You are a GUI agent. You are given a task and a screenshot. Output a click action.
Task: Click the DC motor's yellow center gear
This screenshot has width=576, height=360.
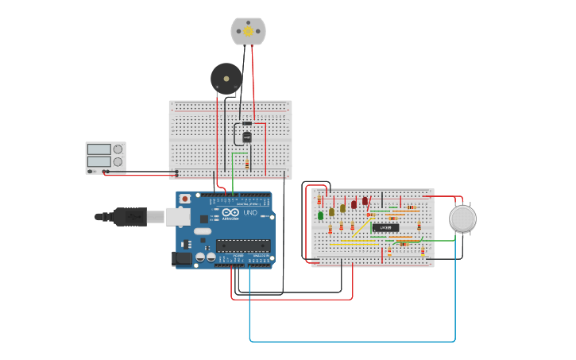[x=248, y=31]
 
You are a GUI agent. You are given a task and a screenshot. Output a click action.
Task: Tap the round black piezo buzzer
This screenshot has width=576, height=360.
[x=226, y=79]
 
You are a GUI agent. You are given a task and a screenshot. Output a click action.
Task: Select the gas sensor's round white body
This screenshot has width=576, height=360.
[x=462, y=219]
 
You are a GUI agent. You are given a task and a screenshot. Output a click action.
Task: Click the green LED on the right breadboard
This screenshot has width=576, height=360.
[x=321, y=215]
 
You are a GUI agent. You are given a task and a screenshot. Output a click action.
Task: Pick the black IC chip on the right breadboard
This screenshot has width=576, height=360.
[x=385, y=227]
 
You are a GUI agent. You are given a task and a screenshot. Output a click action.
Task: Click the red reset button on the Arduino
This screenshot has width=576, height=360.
[x=185, y=199]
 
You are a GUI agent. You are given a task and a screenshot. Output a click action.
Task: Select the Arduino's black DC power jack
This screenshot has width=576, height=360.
[x=182, y=257]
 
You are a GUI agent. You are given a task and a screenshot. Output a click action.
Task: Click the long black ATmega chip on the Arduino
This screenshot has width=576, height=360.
[x=242, y=246]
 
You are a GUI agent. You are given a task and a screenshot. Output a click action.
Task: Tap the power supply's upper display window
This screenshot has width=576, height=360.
[x=99, y=149]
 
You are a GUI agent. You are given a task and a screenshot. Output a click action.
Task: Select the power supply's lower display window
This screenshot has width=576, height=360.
[x=99, y=161]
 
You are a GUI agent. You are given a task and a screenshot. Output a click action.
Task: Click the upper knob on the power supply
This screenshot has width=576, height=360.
[x=118, y=149]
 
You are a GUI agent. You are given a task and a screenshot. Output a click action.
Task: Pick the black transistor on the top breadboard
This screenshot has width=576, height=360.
[x=246, y=137]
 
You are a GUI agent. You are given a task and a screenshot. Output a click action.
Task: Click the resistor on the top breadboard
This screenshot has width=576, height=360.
[x=247, y=165]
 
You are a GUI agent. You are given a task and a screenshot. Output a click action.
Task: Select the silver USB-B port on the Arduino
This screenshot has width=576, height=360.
[x=176, y=216]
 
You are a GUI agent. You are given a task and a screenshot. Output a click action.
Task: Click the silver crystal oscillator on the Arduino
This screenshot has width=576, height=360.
[x=203, y=232]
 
